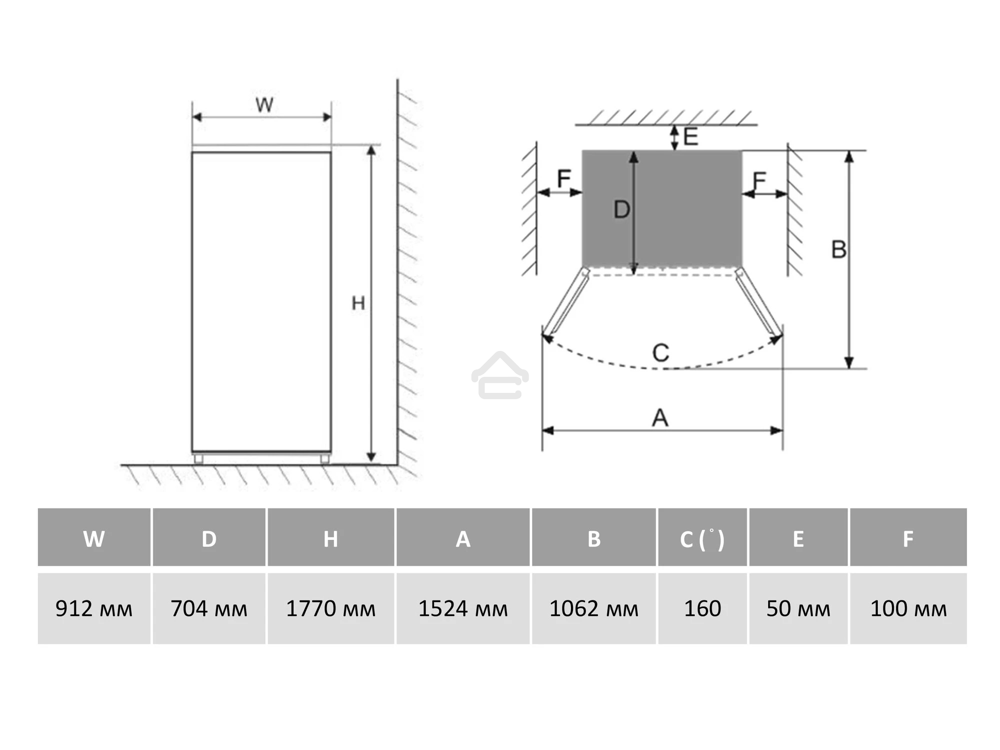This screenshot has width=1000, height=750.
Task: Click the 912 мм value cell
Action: coord(94,608)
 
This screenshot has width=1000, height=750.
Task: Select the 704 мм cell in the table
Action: coord(209,608)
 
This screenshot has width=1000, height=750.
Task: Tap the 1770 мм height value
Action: coord(330,608)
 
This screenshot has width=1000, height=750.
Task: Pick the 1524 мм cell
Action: coord(463,608)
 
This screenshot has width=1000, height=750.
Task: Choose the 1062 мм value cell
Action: coord(594,608)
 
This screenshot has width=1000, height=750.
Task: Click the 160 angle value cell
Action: coord(702,608)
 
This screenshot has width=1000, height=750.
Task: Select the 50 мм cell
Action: coord(798,608)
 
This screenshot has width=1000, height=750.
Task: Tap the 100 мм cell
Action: coord(908,608)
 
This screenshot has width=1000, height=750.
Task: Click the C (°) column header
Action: coord(702,537)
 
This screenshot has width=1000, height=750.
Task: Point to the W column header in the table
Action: coord(94,537)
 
